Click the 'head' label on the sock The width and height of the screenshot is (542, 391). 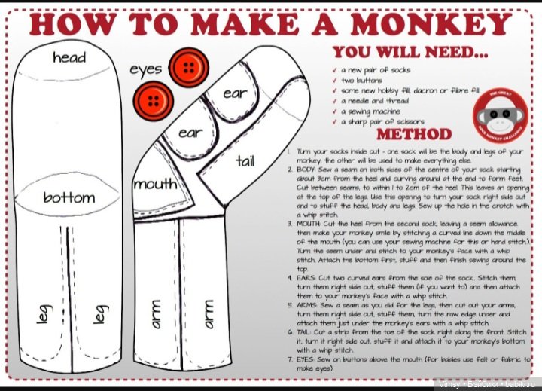pos(69,57)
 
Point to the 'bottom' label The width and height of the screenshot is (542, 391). pos(69,198)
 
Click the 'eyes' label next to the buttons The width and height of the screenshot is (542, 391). pos(145,69)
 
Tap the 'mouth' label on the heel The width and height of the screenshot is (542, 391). pos(154,183)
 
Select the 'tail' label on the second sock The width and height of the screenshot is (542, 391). pos(245,160)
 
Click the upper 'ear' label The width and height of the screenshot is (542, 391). pos(235,93)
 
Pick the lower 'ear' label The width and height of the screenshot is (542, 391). pos(190,133)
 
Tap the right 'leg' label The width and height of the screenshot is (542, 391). pos(99,314)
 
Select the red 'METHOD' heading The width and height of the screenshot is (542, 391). pos(414,135)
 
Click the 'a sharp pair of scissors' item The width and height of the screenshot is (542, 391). pos(382,121)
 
